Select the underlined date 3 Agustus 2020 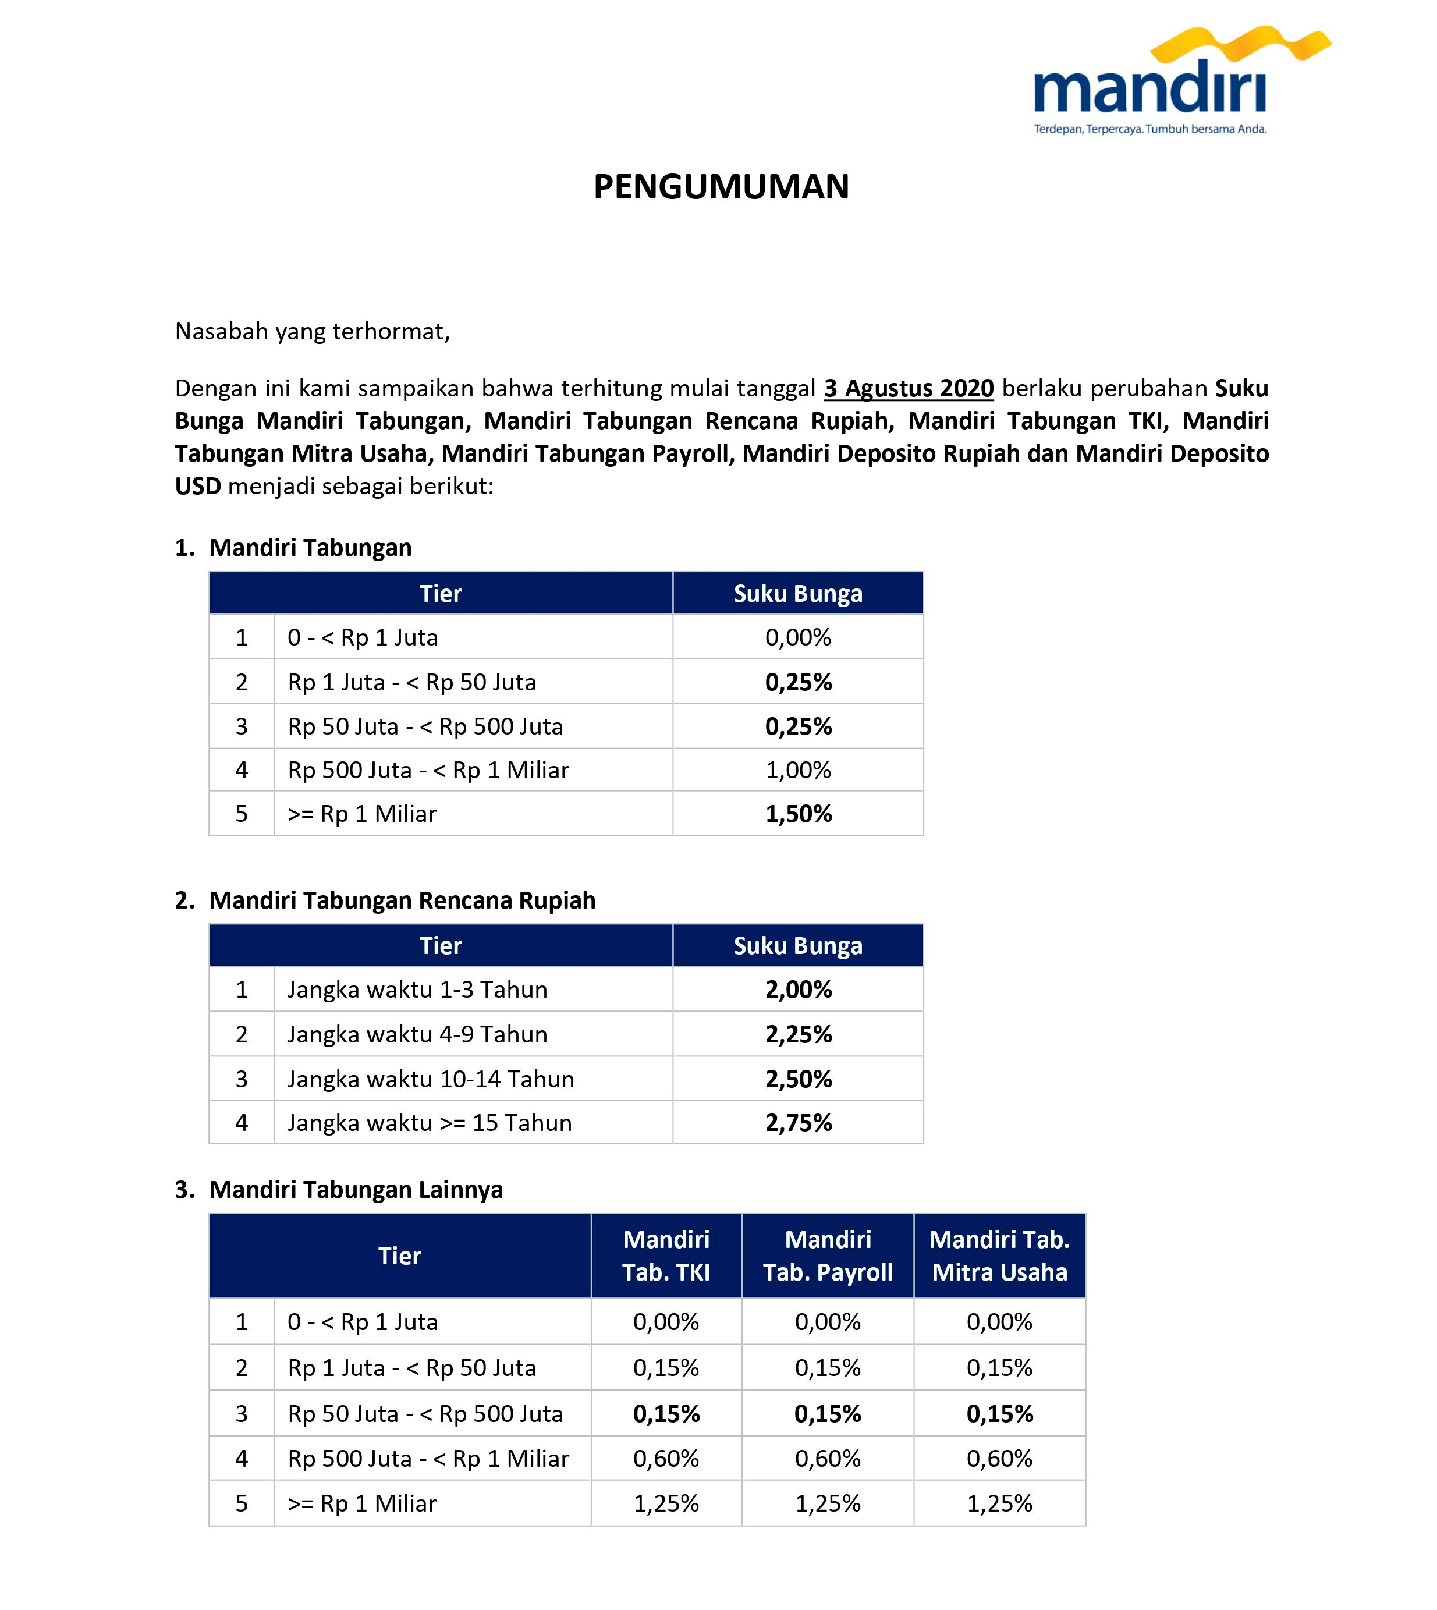pyautogui.click(x=908, y=388)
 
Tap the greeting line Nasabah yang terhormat pyautogui.click(x=312, y=332)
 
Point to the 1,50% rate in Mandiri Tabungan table pyautogui.click(x=799, y=814)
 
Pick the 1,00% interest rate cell pyautogui.click(x=799, y=770)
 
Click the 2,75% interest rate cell pyautogui.click(x=799, y=1123)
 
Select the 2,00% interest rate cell pyautogui.click(x=799, y=990)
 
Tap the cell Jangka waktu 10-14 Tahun pyautogui.click(x=430, y=1079)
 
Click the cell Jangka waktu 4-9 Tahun pyautogui.click(x=417, y=1034)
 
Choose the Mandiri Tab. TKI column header pyautogui.click(x=666, y=1256)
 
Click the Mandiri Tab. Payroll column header pyautogui.click(x=828, y=1256)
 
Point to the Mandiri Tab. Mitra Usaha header pyautogui.click(x=999, y=1256)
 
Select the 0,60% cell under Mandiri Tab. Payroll pyautogui.click(x=828, y=1459)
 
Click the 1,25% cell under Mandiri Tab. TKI pyautogui.click(x=666, y=1503)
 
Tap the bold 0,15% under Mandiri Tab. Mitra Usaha pyautogui.click(x=999, y=1413)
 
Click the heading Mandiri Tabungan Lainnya pyautogui.click(x=355, y=1189)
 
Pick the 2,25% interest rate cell pyautogui.click(x=799, y=1034)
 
